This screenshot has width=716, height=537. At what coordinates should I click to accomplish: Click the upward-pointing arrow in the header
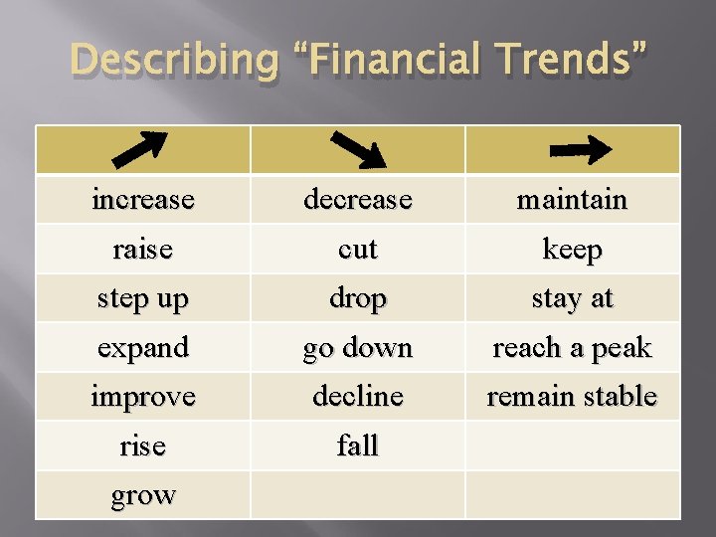click(142, 149)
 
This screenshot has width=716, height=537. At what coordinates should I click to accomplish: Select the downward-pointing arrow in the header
click(357, 149)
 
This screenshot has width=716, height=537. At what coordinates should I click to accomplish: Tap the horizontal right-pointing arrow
click(581, 149)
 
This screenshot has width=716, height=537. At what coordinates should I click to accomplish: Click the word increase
click(142, 199)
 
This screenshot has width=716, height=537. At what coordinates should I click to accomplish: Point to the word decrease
click(357, 199)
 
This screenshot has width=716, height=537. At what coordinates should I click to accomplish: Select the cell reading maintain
click(572, 199)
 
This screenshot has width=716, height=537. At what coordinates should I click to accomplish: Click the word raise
click(142, 249)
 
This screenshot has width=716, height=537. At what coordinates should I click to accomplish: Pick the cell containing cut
click(357, 249)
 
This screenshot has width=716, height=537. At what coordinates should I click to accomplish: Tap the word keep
click(572, 249)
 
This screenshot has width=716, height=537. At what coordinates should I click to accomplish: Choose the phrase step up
click(142, 298)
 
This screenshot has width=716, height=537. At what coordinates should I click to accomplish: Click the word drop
click(357, 298)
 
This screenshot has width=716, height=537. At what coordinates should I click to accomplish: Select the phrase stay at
click(572, 298)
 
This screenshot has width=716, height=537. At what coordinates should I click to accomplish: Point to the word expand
click(142, 348)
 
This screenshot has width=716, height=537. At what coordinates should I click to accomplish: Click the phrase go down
click(357, 348)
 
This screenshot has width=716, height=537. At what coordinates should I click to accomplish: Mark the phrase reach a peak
click(572, 348)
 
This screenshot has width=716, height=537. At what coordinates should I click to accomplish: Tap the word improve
click(142, 396)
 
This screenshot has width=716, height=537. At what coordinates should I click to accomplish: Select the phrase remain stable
click(572, 396)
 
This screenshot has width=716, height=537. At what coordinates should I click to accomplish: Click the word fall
click(357, 446)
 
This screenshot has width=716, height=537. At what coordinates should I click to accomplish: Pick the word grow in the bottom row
click(142, 494)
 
